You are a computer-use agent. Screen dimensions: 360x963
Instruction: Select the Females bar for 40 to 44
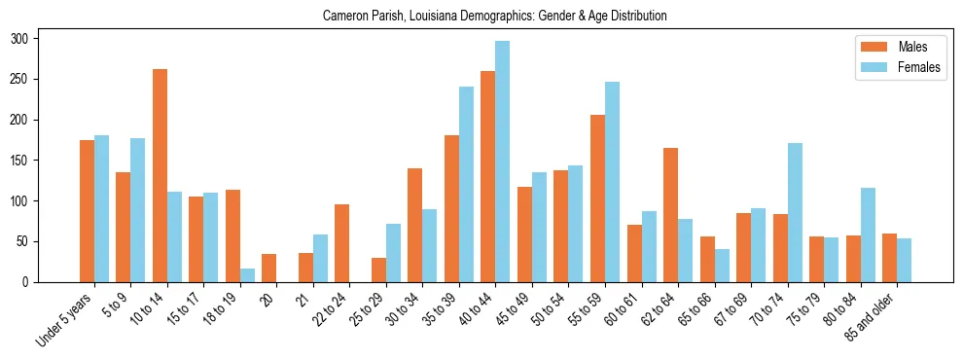pos(503,162)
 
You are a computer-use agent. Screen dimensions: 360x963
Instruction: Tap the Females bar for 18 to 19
pos(247,275)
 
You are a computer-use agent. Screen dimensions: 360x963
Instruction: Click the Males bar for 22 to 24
pos(342,243)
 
